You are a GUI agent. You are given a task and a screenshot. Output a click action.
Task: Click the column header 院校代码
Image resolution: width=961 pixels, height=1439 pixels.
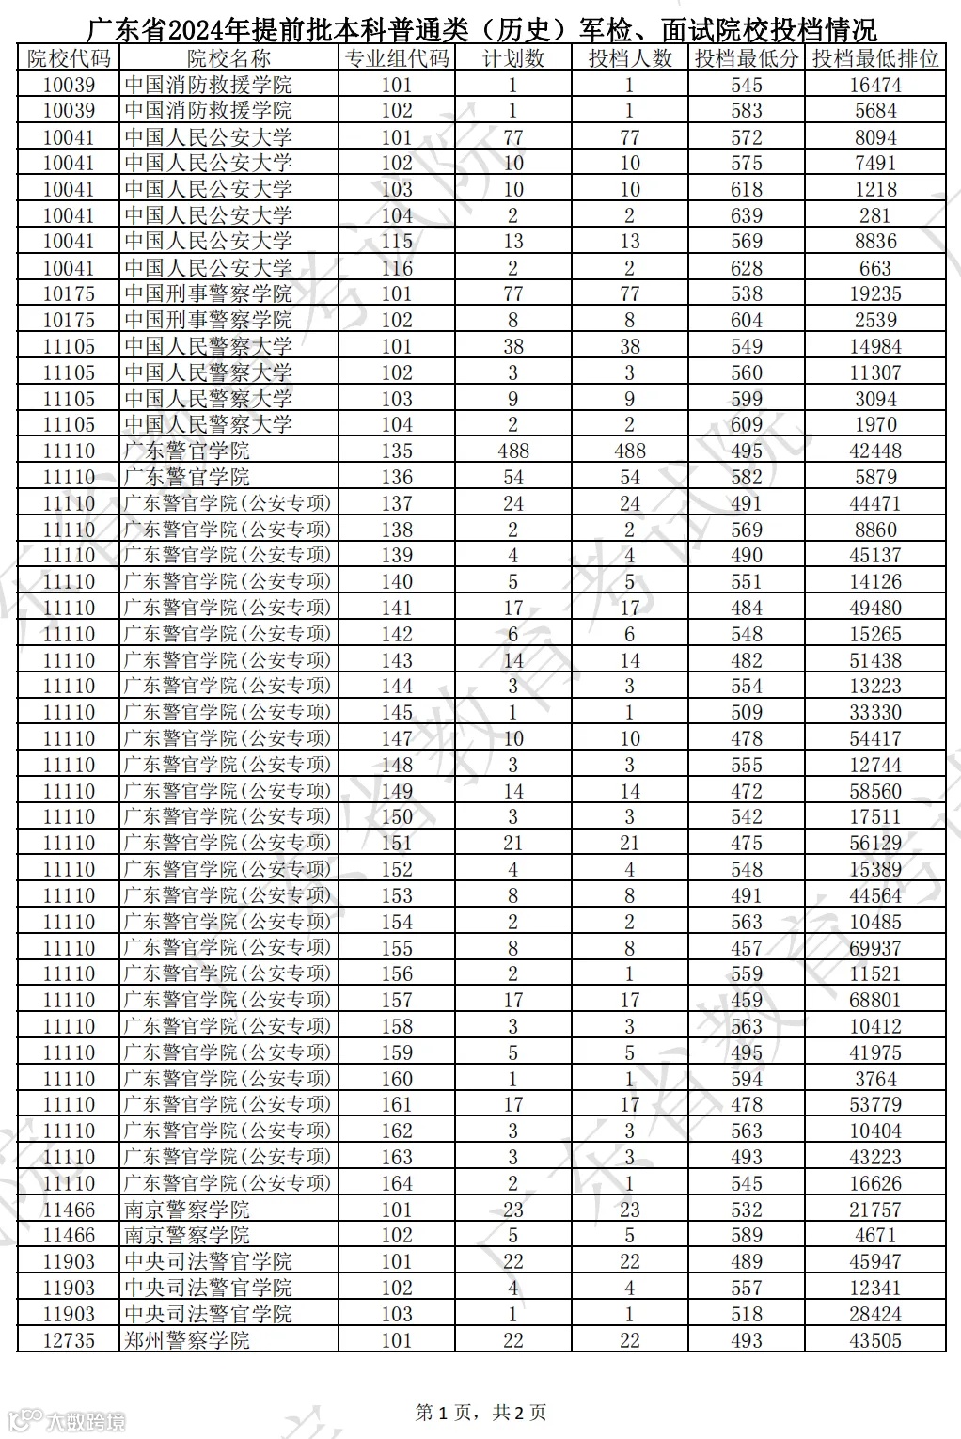point(69,58)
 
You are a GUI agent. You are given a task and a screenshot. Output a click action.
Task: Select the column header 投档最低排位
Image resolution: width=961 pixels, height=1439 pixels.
point(875,58)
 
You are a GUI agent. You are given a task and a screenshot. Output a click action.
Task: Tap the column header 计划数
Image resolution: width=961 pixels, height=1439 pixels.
point(512,58)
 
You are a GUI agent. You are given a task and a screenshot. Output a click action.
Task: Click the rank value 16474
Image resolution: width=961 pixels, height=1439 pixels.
point(875,85)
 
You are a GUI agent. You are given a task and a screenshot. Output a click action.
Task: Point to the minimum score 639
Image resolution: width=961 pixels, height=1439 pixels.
point(747,215)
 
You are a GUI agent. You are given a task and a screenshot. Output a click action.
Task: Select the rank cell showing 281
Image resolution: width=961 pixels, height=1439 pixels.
point(875,215)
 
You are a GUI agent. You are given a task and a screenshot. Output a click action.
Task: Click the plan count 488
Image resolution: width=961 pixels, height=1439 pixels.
point(512,451)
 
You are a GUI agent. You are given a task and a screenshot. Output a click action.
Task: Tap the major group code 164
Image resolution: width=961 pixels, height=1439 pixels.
point(397,1183)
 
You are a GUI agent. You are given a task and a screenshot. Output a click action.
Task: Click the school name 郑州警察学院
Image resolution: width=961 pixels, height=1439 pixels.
point(187,1340)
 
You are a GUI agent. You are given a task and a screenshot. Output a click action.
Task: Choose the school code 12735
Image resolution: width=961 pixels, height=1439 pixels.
point(69,1340)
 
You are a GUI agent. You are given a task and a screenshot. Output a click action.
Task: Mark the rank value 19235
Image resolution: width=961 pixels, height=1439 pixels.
point(875,293)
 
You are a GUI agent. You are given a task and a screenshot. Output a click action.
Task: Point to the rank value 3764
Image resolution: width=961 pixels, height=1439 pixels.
point(875,1079)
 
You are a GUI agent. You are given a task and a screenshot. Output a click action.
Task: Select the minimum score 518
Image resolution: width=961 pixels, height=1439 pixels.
point(747,1314)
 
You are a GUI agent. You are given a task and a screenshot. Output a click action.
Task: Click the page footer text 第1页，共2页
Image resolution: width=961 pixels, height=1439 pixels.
point(480,1412)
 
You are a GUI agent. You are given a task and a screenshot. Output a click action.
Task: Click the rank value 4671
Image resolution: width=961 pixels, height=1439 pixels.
point(875,1235)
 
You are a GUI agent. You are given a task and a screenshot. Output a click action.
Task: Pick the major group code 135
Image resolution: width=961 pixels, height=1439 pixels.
point(397,451)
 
